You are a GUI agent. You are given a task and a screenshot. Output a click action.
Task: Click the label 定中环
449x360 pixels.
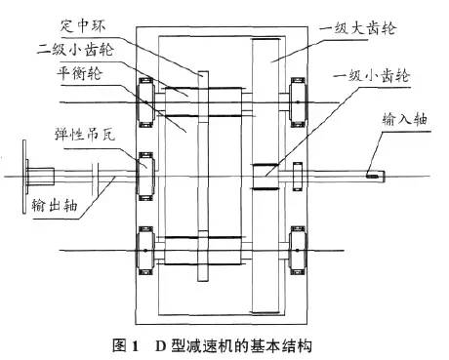pyautogui.click(x=83, y=26)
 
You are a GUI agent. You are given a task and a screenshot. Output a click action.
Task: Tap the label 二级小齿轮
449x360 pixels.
pyautogui.click(x=75, y=50)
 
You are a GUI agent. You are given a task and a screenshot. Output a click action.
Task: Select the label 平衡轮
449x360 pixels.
pyautogui.click(x=79, y=73)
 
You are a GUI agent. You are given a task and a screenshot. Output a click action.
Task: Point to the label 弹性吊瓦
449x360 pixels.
pyautogui.click(x=85, y=134)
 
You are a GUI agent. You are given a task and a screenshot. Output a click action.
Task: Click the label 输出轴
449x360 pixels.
pyautogui.click(x=55, y=205)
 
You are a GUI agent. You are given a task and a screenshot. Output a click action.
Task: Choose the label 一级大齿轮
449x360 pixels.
pyautogui.click(x=357, y=28)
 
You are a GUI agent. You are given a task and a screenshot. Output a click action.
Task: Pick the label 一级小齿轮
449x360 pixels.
pyautogui.click(x=371, y=76)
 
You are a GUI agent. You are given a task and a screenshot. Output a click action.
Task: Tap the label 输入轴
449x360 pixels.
pyautogui.click(x=405, y=119)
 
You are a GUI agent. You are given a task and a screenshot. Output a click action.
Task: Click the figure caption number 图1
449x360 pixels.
pyautogui.click(x=125, y=345)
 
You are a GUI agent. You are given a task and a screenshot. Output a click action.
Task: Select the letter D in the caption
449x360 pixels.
pyautogui.click(x=161, y=345)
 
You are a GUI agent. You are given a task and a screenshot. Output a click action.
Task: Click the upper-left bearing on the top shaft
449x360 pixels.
pyautogui.click(x=145, y=102)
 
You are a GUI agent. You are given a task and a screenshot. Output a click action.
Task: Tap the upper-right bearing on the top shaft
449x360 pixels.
pyautogui.click(x=298, y=102)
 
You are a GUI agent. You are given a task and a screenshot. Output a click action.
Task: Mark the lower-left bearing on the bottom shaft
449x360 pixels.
pyautogui.click(x=145, y=251)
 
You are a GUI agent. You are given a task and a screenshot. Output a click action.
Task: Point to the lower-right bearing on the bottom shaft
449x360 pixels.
pyautogui.click(x=298, y=251)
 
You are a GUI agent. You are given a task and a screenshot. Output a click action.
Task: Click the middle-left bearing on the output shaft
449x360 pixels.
pyautogui.click(x=145, y=177)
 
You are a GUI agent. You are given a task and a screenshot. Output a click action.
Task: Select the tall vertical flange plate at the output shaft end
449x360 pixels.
pyautogui.click(x=24, y=177)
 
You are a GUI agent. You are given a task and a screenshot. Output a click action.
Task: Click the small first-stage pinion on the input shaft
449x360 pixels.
pyautogui.click(x=265, y=177)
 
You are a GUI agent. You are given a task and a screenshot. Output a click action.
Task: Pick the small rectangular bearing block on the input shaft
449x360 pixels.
pyautogui.click(x=298, y=177)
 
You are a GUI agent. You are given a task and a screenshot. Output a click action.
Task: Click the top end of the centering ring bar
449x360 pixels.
pyautogui.click(x=203, y=71)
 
